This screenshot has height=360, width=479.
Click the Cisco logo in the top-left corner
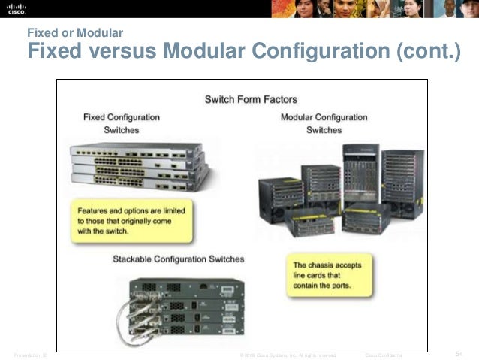[17, 8]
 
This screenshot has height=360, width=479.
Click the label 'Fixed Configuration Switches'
[121, 123]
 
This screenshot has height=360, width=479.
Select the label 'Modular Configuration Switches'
[324, 123]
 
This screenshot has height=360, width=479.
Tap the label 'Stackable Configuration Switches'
[178, 259]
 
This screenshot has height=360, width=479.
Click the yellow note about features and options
[131, 217]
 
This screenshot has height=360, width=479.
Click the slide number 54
[459, 353]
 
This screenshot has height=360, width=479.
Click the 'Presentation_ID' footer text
[29, 354]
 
